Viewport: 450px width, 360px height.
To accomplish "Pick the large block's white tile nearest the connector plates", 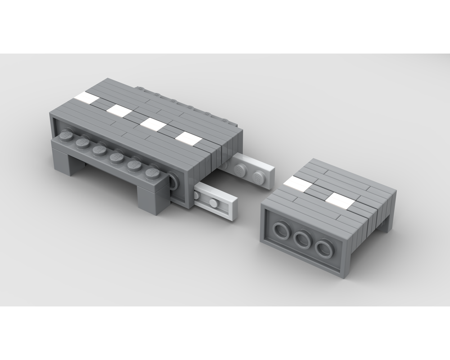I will tap(189, 139).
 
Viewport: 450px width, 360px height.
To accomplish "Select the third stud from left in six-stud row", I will tap(99, 150).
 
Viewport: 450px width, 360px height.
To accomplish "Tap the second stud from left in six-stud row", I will tap(83, 143).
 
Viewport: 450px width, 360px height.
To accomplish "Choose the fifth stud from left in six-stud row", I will tap(134, 165).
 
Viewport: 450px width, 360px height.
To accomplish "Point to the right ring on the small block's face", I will tap(324, 249).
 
